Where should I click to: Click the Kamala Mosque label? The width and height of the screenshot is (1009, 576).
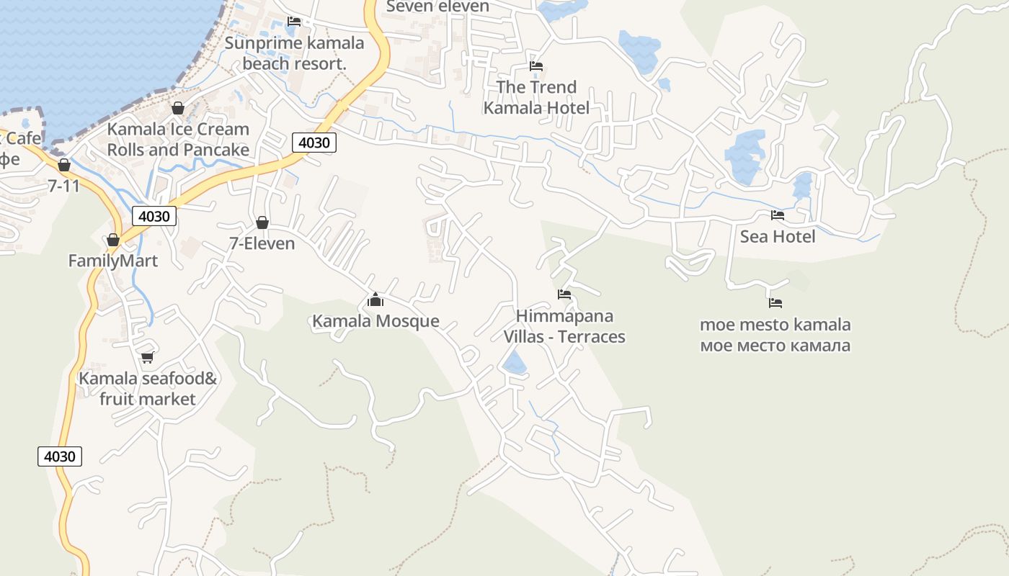coord(375,321)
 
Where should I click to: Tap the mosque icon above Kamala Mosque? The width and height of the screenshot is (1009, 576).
coord(375,300)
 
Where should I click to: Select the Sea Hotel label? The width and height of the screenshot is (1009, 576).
coord(777,236)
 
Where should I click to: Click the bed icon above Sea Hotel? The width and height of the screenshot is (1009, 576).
coord(777,215)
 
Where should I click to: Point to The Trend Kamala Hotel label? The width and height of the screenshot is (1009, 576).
coord(536,97)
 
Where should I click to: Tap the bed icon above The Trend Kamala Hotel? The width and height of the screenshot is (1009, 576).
coord(536,66)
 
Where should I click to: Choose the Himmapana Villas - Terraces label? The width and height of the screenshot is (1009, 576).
coord(564,326)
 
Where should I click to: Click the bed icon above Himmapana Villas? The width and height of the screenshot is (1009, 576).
coord(564,294)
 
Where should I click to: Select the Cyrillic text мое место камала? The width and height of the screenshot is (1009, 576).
coord(775,346)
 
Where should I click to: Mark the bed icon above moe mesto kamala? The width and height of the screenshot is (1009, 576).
coord(775,303)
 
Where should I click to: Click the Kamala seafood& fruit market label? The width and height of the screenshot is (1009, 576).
coord(148,389)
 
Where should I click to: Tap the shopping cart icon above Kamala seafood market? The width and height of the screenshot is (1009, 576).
coord(148,357)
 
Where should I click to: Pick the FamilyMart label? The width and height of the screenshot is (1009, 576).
coord(113,261)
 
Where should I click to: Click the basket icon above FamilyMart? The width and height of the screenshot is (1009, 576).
coord(113,240)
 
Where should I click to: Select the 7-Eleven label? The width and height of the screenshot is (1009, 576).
coord(262,243)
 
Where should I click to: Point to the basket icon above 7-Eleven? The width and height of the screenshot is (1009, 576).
coord(262,222)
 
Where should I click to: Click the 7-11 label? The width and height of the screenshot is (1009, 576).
coord(63,186)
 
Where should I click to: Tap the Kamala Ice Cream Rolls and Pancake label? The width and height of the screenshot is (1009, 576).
coord(178,140)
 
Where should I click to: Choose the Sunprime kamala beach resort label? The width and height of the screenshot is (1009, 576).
coord(294,53)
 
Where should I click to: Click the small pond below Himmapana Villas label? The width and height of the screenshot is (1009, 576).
coord(515,364)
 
